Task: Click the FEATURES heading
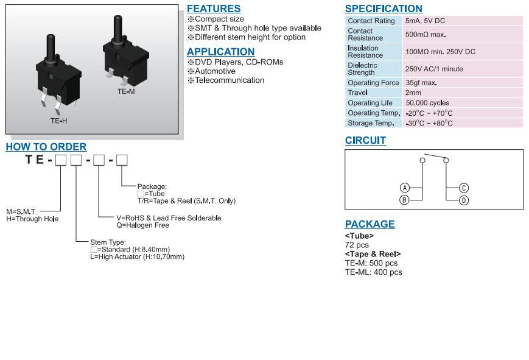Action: point(213,9)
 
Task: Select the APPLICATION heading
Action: point(220,52)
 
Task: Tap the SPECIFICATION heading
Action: point(384,9)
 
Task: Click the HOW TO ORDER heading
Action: point(46,147)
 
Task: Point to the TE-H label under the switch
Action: point(58,121)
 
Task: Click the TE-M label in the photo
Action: point(126,91)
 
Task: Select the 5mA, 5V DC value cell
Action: point(425,21)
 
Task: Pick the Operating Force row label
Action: point(373,83)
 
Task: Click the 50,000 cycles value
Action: point(427,103)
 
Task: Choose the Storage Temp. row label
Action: point(371,123)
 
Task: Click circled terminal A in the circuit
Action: point(405,188)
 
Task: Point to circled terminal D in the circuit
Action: point(463,200)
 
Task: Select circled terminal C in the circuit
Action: point(463,188)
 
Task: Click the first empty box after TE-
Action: point(60,160)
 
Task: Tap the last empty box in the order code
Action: point(122,160)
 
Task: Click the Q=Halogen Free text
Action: point(142,225)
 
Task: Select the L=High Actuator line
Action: point(137,257)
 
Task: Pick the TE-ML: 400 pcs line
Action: point(373,272)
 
